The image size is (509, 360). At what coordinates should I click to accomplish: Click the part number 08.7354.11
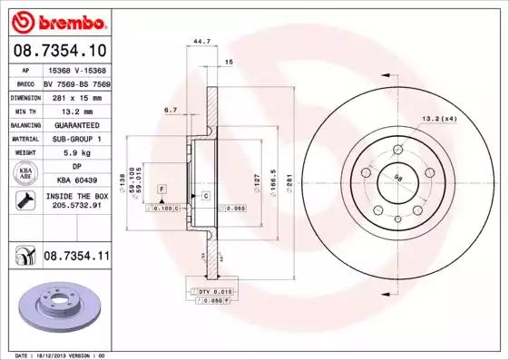76,258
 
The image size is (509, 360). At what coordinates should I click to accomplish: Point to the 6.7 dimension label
170,110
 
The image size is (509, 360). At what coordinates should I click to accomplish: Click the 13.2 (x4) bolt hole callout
438,118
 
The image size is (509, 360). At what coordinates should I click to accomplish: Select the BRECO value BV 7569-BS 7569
76,82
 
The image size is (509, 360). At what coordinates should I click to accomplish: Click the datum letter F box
162,188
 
